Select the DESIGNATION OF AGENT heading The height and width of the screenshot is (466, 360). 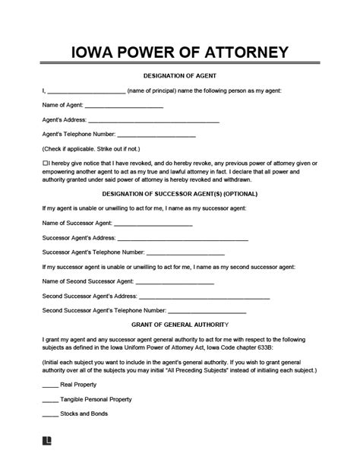[x=179, y=76]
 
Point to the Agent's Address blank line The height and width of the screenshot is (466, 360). [x=154, y=121]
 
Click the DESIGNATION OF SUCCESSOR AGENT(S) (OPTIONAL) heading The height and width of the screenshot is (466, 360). [x=179, y=193]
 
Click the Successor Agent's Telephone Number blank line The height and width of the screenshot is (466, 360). [x=185, y=253]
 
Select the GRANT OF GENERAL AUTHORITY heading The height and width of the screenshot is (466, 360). [x=179, y=325]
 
